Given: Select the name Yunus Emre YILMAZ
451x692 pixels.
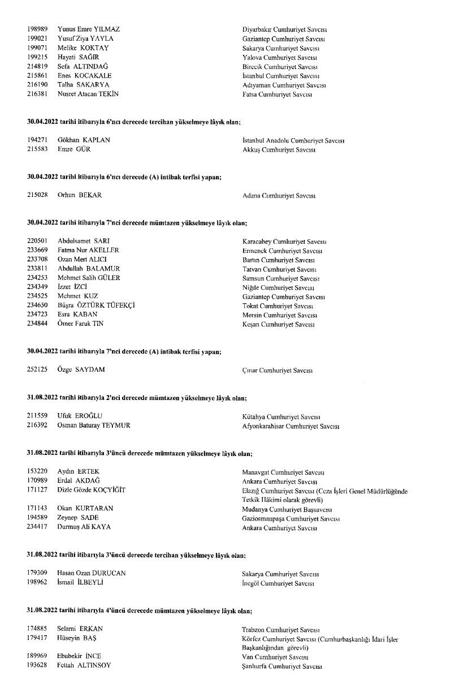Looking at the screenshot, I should point(89,29).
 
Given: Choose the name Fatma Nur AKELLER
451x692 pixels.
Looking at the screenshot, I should point(88,250).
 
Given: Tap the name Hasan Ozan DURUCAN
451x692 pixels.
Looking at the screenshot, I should point(92,573).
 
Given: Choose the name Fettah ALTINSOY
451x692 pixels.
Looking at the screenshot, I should point(84,665).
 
